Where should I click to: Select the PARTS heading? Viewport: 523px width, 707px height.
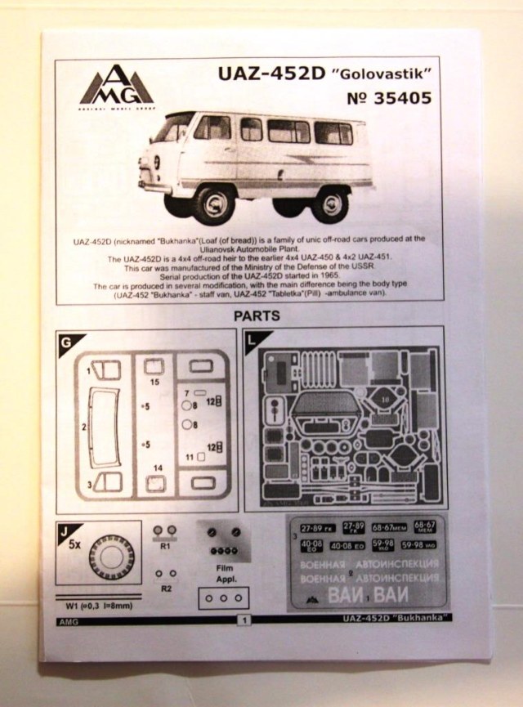click(257, 315)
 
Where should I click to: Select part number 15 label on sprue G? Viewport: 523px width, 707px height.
click(154, 381)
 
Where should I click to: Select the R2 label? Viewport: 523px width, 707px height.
click(166, 587)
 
